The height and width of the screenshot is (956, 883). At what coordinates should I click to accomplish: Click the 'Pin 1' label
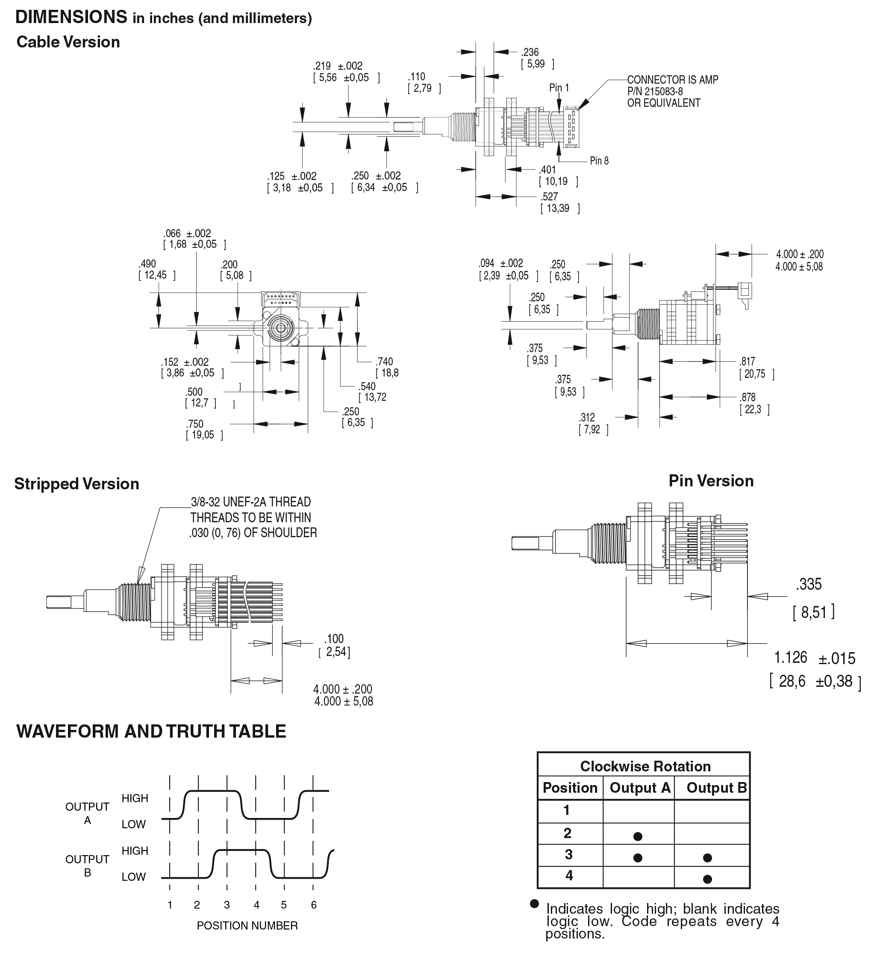[x=559, y=88]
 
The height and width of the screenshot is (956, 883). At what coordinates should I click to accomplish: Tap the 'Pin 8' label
[x=599, y=161]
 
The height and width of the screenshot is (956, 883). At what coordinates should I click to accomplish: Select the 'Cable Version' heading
[x=68, y=42]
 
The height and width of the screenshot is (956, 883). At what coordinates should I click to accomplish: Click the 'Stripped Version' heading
[x=77, y=484]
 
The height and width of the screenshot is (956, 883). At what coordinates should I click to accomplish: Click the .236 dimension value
[x=530, y=52]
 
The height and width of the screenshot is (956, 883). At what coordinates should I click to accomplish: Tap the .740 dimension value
[x=384, y=362]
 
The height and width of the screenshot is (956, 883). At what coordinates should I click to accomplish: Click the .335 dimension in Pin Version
[x=809, y=584]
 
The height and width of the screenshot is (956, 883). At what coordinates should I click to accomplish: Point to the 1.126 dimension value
[x=790, y=657]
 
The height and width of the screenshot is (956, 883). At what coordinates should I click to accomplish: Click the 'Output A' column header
[x=640, y=787]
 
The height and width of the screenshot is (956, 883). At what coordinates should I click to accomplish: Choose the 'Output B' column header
[x=716, y=787]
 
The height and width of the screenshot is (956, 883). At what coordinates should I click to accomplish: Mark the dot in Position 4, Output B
[x=708, y=879]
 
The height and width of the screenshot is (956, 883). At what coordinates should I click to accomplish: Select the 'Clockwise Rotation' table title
[x=645, y=766]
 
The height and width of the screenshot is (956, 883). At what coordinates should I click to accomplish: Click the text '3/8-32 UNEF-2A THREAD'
[x=250, y=502]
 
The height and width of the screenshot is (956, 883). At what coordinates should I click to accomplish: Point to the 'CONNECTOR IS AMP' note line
[x=672, y=80]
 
